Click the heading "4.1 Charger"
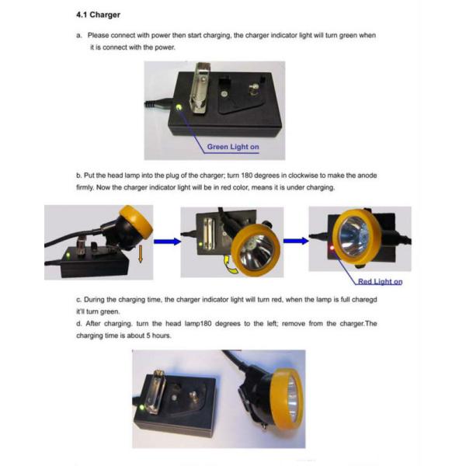coord(98,15)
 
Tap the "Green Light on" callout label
coord(233,147)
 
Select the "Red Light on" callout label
coord(380,281)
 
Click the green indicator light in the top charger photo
coord(179,107)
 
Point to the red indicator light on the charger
coord(332,248)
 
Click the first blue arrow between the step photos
coord(167,242)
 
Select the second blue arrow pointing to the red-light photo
coord(296,241)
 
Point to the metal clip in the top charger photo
coord(200,89)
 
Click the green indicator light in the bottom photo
coord(142,408)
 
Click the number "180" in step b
coord(247,176)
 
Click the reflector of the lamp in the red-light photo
coord(354,236)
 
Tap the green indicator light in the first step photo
coord(68,256)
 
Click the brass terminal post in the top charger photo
coord(254,89)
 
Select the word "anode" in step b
coord(367,176)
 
